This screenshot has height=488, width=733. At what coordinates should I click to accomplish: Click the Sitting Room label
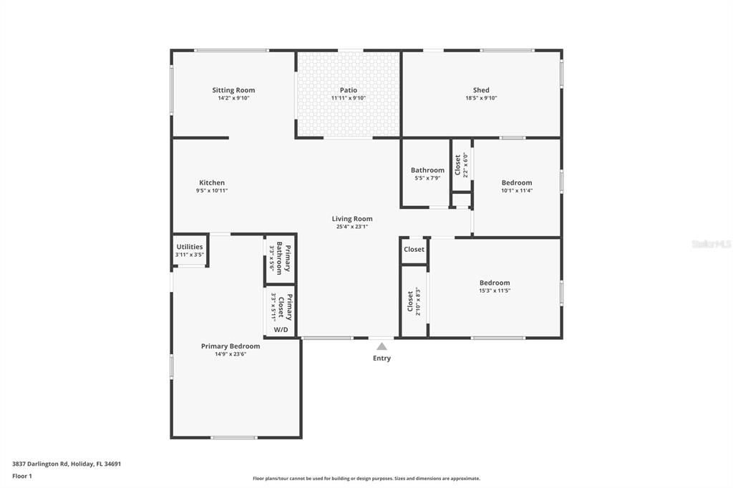(x=233, y=90)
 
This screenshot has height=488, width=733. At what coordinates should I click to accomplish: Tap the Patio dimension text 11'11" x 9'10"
(x=349, y=98)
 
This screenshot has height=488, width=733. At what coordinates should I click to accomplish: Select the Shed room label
(x=481, y=90)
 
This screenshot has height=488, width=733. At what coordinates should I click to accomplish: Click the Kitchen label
(x=212, y=182)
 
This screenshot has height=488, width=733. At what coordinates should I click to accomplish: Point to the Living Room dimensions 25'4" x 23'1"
(x=352, y=227)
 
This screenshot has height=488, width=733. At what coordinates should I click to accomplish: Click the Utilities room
(x=190, y=250)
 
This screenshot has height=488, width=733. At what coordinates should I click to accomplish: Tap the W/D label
(x=281, y=330)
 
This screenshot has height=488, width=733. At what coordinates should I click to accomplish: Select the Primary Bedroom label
(x=230, y=346)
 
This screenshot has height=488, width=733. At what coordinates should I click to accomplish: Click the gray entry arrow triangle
(x=382, y=346)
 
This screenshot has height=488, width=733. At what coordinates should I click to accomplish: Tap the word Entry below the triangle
(x=382, y=358)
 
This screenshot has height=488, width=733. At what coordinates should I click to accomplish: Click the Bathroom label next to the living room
(x=427, y=170)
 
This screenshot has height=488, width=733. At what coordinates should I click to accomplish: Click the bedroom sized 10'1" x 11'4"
(x=517, y=186)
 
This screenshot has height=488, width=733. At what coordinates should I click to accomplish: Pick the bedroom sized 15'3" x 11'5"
(x=495, y=286)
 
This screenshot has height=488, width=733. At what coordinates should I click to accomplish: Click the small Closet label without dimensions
(x=414, y=250)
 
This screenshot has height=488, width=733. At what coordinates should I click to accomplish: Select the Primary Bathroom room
(x=280, y=258)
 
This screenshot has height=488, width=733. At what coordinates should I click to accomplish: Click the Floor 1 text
(x=22, y=476)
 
